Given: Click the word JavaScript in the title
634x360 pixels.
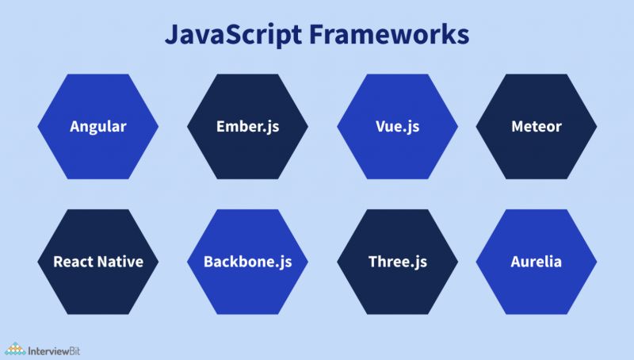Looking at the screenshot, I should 223,35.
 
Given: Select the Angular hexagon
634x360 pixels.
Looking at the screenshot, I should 98,126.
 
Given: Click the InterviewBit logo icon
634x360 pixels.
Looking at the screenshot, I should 14,347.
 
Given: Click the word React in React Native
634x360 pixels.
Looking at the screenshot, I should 73,262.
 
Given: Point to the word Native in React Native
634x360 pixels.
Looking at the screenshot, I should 120,262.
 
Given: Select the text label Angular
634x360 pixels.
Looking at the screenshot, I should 98,127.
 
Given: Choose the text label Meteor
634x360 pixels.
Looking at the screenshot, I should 536,126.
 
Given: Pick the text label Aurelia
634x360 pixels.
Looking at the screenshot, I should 536,262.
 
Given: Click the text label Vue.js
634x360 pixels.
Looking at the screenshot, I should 397,126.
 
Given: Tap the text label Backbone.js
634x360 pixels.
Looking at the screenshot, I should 247,262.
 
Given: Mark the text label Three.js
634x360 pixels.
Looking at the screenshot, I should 397,262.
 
